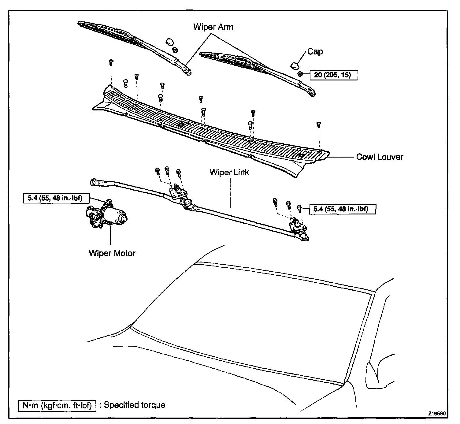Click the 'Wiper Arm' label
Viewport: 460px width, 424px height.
(x=213, y=27)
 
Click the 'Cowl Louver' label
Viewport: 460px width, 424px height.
(x=380, y=157)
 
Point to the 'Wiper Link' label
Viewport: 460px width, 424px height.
(x=229, y=172)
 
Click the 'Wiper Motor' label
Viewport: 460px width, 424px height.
(x=112, y=253)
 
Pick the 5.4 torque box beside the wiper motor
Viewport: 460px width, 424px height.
(x=56, y=198)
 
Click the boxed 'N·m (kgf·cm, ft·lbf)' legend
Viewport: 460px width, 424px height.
(x=57, y=405)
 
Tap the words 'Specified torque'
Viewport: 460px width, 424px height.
(x=135, y=405)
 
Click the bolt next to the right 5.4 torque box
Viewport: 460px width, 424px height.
(x=300, y=209)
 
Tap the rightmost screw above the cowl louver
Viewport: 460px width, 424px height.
(x=318, y=125)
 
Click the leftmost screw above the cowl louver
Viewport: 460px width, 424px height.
(x=111, y=62)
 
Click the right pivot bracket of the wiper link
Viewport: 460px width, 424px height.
(x=297, y=225)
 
